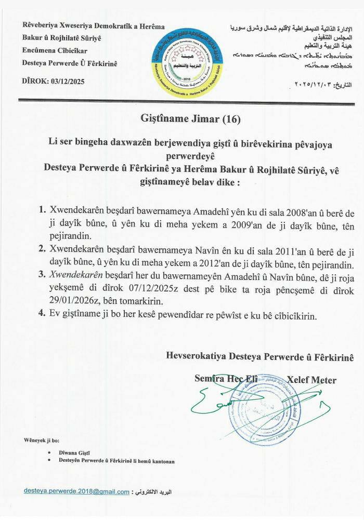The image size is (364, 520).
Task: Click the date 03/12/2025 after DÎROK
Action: point(65,82)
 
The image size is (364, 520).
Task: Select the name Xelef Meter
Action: point(311,380)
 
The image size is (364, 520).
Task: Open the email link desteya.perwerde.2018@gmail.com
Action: point(76,491)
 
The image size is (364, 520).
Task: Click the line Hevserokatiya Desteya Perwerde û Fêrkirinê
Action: point(259,356)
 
